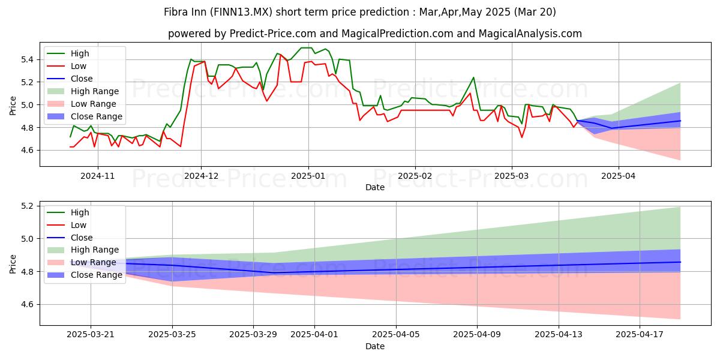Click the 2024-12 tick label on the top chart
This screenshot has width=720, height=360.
pos(201,176)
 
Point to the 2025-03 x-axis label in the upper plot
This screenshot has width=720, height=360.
pos(512,176)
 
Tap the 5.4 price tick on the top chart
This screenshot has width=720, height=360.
pos(28,59)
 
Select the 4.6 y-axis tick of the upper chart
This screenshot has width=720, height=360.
pos(28,150)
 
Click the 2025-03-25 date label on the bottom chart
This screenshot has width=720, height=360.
pos(172,335)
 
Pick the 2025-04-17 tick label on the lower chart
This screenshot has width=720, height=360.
pos(640,335)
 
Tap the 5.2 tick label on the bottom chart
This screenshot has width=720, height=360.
pos(28,206)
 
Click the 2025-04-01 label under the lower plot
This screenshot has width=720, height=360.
pos(314,335)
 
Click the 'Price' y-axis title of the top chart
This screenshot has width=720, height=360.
pos(13,106)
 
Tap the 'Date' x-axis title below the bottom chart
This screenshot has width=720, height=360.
pos(375,346)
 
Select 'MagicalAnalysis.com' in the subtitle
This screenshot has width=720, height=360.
pos(530,34)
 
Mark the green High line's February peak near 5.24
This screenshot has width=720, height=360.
pos(473,77)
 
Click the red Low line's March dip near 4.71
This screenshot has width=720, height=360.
pos(521,137)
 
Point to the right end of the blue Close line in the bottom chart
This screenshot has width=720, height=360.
pos(680,262)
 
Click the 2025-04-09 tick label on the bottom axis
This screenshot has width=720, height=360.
pos(477,335)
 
